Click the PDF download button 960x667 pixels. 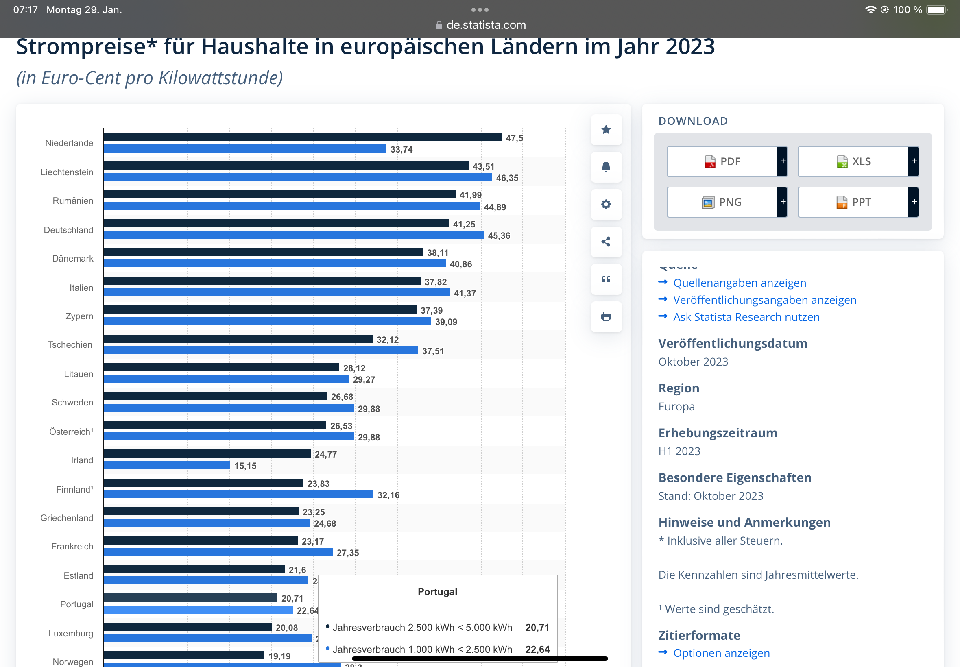722,161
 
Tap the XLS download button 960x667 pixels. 853,161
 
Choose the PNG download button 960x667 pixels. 722,202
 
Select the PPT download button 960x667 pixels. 853,202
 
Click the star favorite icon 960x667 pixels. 606,130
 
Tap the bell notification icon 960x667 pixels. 606,167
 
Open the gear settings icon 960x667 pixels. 606,204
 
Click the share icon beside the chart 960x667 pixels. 606,242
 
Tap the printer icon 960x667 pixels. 606,316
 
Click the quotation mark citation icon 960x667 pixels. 606,279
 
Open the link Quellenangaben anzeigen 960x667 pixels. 740,283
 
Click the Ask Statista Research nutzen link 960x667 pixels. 746,317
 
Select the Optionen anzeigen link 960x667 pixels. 721,653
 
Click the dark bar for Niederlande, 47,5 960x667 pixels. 303,137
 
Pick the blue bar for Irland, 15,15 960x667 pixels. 167,465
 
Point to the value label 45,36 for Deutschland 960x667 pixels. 499,236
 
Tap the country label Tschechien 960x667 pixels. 70,345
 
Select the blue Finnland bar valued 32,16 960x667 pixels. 238,495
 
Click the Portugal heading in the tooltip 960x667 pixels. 438,592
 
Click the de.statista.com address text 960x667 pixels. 486,25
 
